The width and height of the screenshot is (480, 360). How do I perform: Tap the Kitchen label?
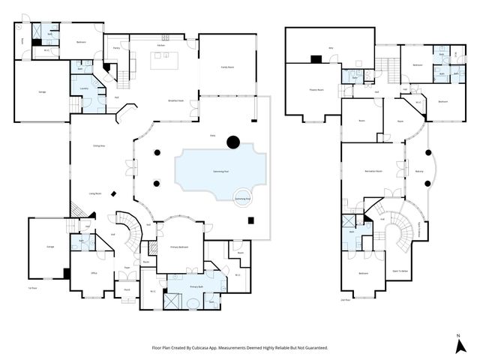click(161, 45)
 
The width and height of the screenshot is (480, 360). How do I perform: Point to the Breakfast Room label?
click(176, 100)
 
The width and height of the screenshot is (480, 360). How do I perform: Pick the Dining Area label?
click(98, 145)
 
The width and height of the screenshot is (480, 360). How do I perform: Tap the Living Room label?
click(97, 193)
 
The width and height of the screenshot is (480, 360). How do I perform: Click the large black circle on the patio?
click(233, 140)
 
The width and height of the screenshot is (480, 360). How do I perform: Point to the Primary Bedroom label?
click(178, 246)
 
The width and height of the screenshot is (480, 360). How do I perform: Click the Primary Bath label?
click(196, 286)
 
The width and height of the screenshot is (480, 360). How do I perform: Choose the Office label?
click(94, 273)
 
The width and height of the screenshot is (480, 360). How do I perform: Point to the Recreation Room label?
click(373, 172)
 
